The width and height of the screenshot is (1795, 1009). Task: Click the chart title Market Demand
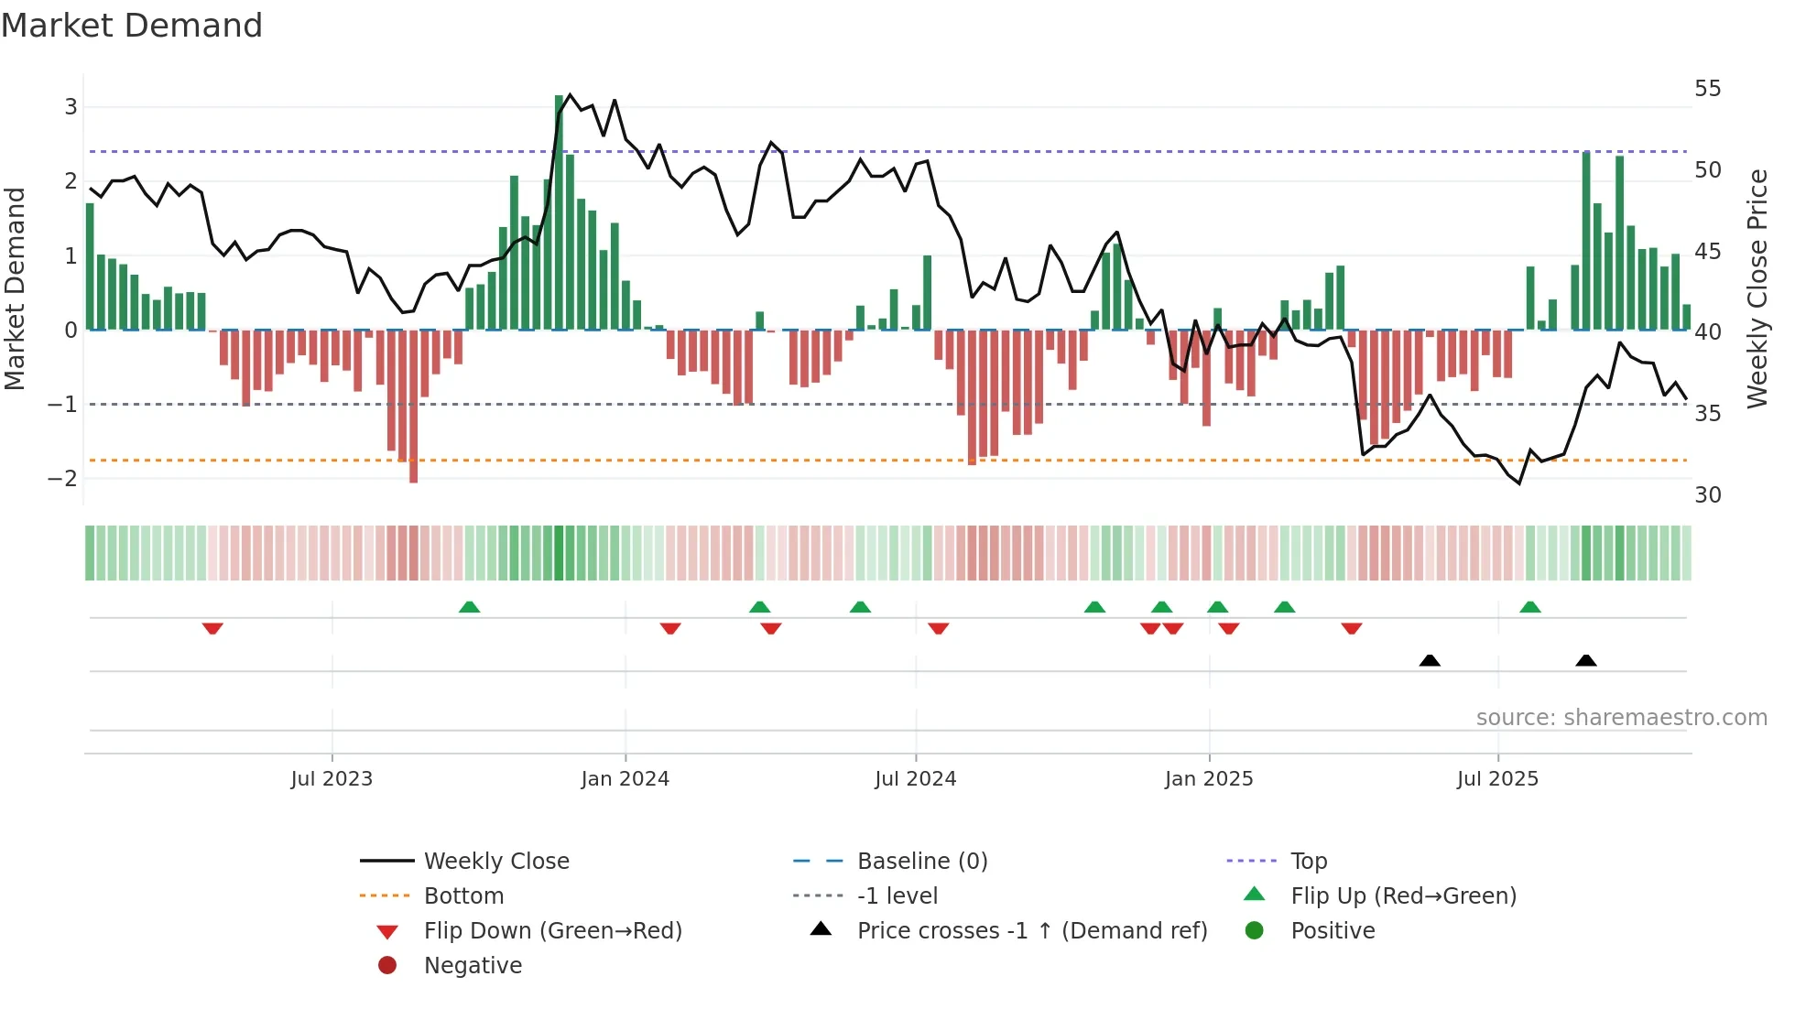tap(132, 26)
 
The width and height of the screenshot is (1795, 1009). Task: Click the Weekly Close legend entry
tap(495, 862)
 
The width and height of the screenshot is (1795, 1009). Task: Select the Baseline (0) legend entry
tap(921, 862)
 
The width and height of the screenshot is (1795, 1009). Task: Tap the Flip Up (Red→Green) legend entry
tap(1403, 896)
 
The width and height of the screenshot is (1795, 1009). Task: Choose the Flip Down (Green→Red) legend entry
tap(552, 931)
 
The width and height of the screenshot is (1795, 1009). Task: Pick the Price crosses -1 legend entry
tap(1031, 931)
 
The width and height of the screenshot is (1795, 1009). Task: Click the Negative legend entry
tap(473, 966)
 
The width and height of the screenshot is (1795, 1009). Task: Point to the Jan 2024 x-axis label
tap(625, 779)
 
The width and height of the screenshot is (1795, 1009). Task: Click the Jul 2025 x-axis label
tap(1497, 779)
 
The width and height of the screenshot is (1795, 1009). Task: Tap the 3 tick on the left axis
tap(71, 107)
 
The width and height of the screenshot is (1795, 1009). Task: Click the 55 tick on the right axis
tap(1707, 89)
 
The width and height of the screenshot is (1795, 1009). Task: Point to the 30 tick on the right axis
tap(1707, 495)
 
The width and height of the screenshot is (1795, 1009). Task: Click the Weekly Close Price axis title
tap(1757, 288)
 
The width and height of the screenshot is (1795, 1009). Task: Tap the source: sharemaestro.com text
tap(1621, 718)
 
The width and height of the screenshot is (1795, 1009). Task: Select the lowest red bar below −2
tap(414, 407)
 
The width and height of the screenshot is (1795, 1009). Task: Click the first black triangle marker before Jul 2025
tap(1430, 660)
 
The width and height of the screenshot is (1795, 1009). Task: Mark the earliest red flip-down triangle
tap(212, 628)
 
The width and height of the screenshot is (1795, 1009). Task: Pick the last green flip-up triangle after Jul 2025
tap(1529, 607)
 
